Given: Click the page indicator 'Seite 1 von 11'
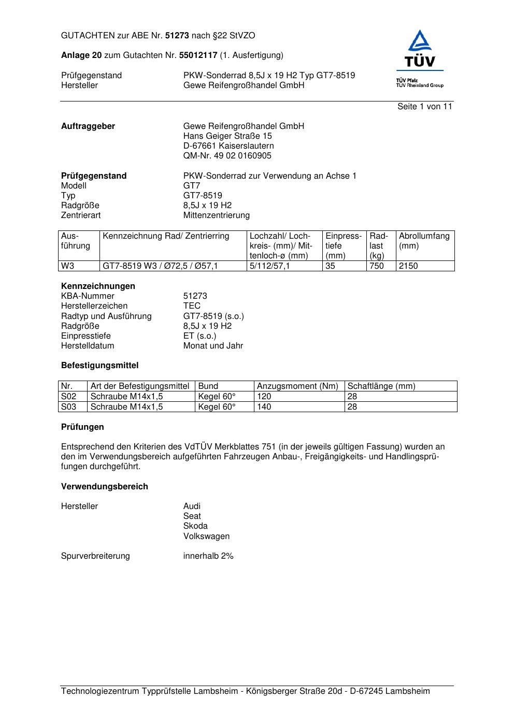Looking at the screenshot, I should [424, 107].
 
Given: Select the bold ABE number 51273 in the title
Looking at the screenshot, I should [177, 36].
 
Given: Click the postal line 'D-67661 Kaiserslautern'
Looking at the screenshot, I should [229, 146].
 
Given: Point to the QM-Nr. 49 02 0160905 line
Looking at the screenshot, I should [227, 156].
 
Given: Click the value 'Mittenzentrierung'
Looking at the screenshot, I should [216, 215].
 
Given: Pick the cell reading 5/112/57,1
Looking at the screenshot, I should [270, 266].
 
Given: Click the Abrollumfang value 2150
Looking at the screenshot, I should [408, 266].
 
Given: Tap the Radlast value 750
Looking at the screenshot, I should [377, 266].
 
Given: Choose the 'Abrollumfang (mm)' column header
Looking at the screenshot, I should [424, 241].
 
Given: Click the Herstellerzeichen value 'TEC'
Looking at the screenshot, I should [192, 306].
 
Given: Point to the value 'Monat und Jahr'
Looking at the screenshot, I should [213, 346].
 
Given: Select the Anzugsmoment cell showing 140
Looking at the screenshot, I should [264, 407].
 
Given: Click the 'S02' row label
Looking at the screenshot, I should [69, 397].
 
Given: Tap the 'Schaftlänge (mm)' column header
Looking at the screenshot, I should [381, 386].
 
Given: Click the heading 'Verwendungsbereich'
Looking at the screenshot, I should [105, 487].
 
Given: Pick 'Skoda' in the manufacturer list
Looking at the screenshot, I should [195, 526].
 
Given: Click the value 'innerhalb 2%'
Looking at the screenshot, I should [208, 556].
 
